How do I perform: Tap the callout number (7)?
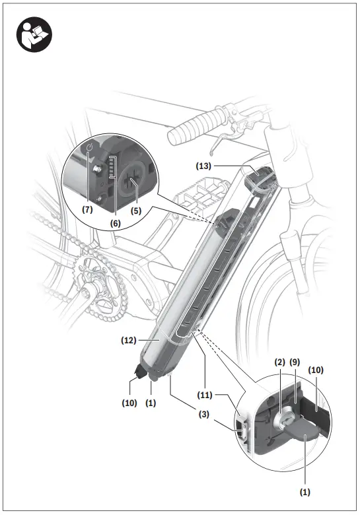87,209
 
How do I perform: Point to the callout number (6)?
115,223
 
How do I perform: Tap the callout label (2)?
279,362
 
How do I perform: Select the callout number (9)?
295,362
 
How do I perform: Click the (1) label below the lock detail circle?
304,491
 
